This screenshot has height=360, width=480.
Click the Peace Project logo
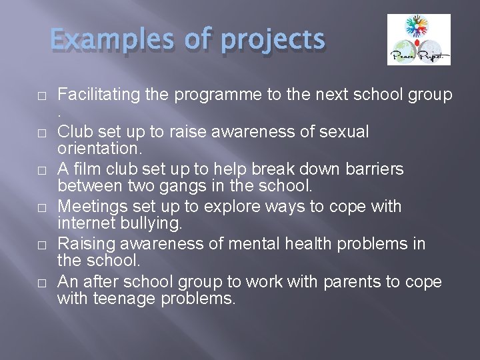click(419, 40)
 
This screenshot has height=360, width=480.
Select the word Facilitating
click(99, 95)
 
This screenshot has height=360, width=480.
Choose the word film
click(87, 169)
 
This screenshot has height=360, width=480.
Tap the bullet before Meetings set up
click(41, 208)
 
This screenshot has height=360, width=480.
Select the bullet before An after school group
click(41, 283)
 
